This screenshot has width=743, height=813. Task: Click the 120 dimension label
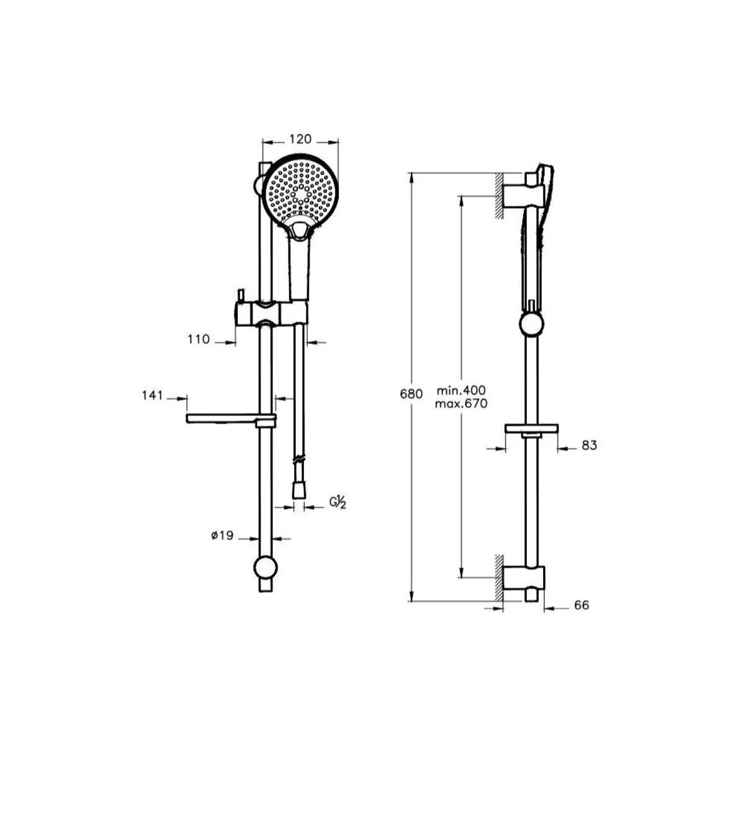[300, 139]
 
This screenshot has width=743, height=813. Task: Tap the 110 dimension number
[199, 339]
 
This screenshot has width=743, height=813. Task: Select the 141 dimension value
[152, 395]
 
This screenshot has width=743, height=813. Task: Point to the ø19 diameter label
[222, 536]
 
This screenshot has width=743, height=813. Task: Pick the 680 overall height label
[411, 394]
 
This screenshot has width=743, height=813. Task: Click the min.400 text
[461, 390]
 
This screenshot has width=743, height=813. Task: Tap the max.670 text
[461, 404]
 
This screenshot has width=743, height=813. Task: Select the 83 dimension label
[589, 445]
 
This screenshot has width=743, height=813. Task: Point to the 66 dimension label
[581, 605]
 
